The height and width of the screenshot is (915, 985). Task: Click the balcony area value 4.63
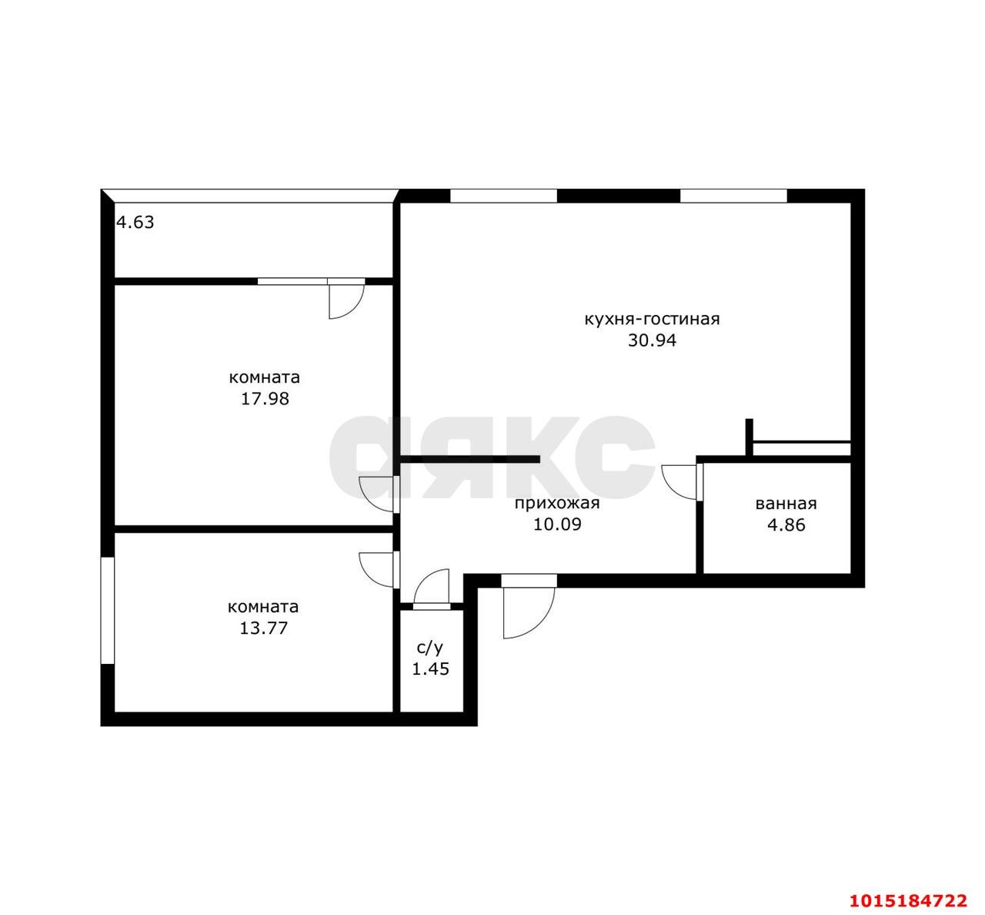coord(135,223)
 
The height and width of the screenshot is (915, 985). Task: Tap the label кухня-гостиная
coord(653,319)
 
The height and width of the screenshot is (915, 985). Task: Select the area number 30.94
coord(653,340)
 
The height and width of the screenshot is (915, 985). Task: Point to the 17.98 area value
coord(265,399)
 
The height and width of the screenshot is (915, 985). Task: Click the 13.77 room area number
coord(263,628)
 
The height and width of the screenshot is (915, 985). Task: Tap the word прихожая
coord(557,504)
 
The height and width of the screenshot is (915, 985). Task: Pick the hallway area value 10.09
coord(557,525)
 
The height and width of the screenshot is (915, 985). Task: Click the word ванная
coord(786,504)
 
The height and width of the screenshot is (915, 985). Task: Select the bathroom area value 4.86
coord(786,525)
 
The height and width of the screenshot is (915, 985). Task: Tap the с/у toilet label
coord(430,648)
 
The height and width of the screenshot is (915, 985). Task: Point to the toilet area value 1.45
coord(430,669)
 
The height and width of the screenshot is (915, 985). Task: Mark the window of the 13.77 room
coord(107,610)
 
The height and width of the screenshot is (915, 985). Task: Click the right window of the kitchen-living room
coord(733,196)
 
